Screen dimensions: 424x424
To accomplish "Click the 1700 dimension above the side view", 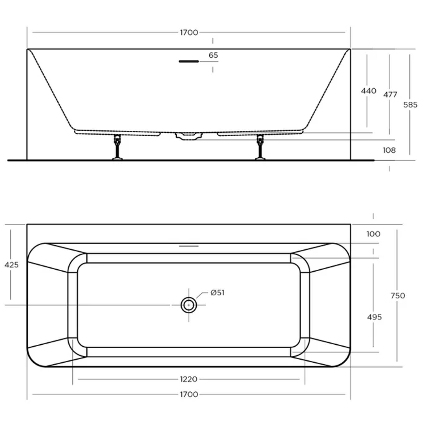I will (x=189, y=33).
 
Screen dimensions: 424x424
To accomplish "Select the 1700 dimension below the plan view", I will (x=189, y=394).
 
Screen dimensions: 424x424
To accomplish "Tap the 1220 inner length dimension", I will (x=189, y=379).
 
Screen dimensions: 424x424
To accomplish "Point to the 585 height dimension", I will (x=410, y=105).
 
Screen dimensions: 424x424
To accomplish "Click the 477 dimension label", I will (x=390, y=95).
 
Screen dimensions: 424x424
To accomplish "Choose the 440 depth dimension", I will (x=368, y=91).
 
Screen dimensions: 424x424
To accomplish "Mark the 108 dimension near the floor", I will (x=389, y=150).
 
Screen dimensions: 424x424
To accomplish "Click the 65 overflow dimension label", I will (x=213, y=55).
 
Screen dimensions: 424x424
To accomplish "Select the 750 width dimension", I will (x=398, y=296).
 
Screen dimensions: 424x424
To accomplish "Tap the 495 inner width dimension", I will (x=374, y=317).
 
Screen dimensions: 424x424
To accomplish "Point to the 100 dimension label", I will (x=373, y=234).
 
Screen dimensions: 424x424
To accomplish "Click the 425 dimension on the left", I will (x=11, y=265).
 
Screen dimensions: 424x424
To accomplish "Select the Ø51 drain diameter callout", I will (x=217, y=292).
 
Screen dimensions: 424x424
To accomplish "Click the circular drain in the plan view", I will (x=189, y=305).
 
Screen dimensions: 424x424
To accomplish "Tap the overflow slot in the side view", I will (x=189, y=62).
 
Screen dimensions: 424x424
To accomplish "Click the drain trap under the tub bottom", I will (x=189, y=136).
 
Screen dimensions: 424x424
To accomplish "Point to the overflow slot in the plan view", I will (x=189, y=246).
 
